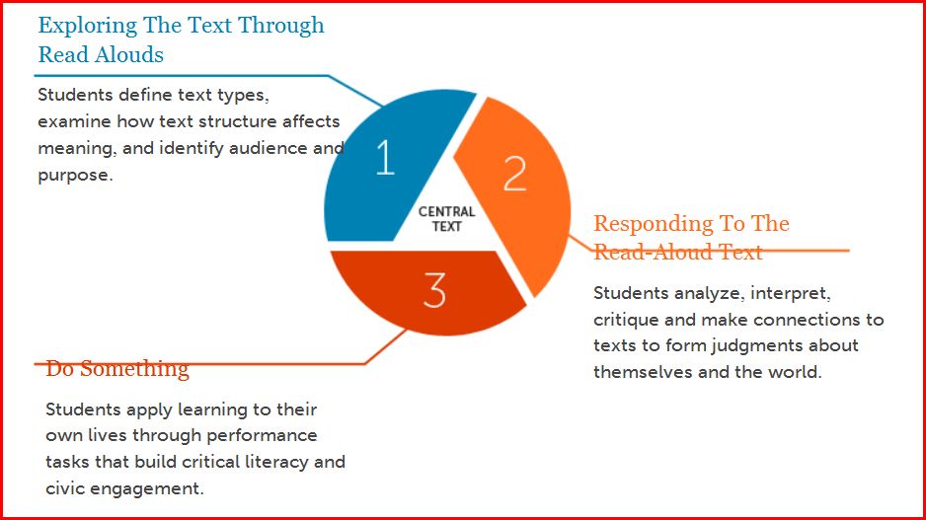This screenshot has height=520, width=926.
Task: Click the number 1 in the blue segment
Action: tap(386, 157)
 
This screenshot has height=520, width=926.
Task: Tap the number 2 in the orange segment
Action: tap(514, 174)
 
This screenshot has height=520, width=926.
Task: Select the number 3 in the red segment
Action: tap(434, 290)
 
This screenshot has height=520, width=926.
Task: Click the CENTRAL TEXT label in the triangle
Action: tap(446, 218)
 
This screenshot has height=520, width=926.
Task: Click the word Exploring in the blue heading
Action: tap(88, 27)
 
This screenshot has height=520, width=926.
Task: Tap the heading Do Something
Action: tap(116, 368)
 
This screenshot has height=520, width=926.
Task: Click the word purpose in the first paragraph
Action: tap(73, 176)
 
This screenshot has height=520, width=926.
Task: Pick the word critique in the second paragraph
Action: tap(627, 320)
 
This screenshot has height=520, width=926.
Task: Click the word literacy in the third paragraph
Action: tap(275, 462)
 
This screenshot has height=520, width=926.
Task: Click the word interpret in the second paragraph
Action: tap(791, 293)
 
